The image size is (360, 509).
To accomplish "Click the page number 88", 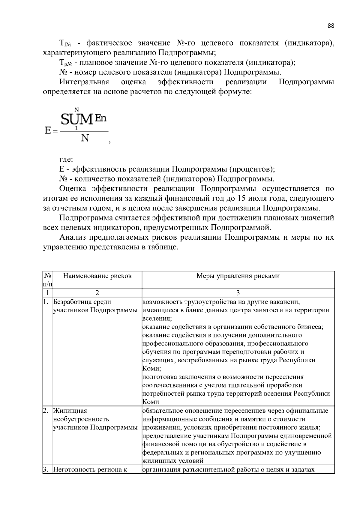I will click(x=331, y=26).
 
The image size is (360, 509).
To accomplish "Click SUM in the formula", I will click(x=77, y=120).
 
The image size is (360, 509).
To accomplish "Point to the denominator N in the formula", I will click(x=85, y=138).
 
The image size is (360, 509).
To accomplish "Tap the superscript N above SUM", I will click(x=76, y=110).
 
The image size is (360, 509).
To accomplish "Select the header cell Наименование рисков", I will click(x=97, y=276).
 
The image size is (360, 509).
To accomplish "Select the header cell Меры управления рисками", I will click(x=238, y=276).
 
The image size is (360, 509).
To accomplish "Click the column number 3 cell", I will click(x=238, y=292).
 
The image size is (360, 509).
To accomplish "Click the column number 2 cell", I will click(x=97, y=292).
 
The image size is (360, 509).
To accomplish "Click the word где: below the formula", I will click(x=66, y=160).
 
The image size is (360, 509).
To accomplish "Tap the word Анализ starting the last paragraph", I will click(x=73, y=238).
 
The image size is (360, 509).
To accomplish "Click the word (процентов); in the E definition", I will click(x=252, y=169).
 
